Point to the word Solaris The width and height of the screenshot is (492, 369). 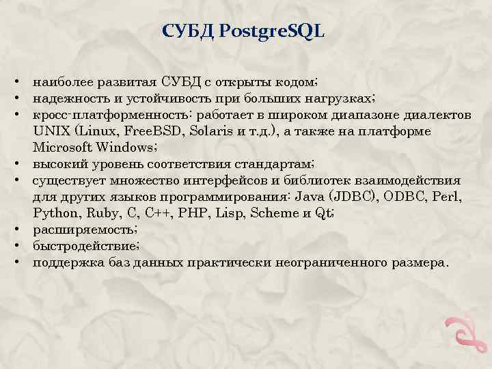click(213, 131)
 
